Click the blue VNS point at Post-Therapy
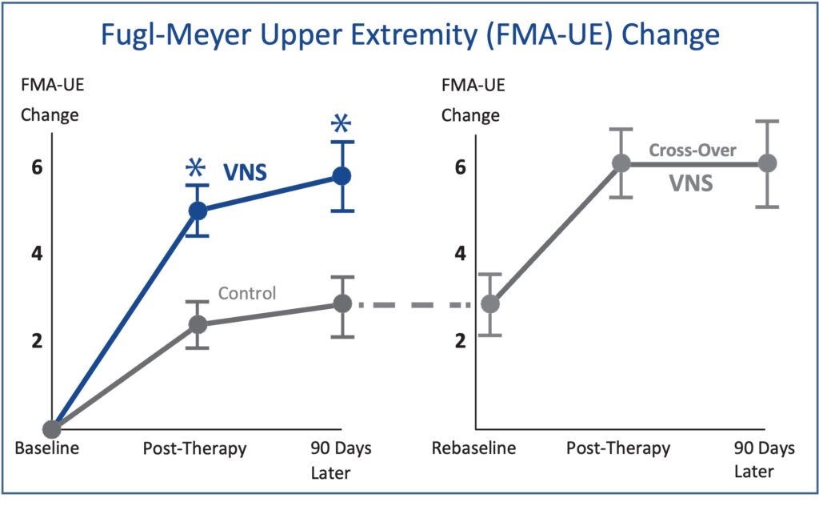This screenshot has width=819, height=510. point(198,211)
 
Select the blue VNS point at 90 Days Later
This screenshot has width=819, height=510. point(342,176)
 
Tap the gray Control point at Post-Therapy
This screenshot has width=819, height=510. point(198,324)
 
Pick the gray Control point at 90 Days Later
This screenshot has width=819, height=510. point(342,303)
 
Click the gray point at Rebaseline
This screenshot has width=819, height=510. point(490,304)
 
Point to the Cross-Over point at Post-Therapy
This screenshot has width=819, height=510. point(621,163)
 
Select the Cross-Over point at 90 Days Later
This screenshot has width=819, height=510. point(767,163)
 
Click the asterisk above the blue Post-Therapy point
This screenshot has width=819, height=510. point(195,167)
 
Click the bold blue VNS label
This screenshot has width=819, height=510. point(245,171)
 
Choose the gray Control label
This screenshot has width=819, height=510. point(247,294)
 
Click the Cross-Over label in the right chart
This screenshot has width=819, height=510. point(693,150)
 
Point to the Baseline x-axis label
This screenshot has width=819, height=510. point(47,448)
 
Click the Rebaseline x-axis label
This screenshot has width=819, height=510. point(474,448)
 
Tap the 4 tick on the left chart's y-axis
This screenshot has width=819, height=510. point(36,254)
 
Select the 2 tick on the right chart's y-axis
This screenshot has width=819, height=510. point(461,340)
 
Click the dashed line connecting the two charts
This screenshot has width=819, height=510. point(416,304)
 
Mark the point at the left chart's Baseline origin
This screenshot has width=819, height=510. point(53,429)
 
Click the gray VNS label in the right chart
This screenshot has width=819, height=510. point(690,184)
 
